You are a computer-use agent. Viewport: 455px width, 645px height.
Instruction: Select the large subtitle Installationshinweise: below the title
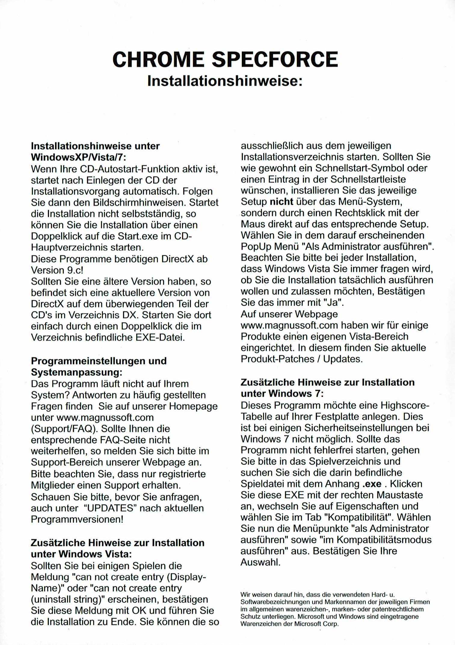(225, 81)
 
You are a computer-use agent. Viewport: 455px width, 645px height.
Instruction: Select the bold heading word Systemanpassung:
(76, 372)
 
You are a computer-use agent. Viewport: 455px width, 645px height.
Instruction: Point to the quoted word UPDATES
(109, 508)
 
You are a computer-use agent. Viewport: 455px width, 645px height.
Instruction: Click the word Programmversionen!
(77, 519)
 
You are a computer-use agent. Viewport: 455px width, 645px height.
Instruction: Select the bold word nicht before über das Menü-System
(281, 202)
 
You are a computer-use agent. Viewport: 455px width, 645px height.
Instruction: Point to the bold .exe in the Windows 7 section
(372, 484)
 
